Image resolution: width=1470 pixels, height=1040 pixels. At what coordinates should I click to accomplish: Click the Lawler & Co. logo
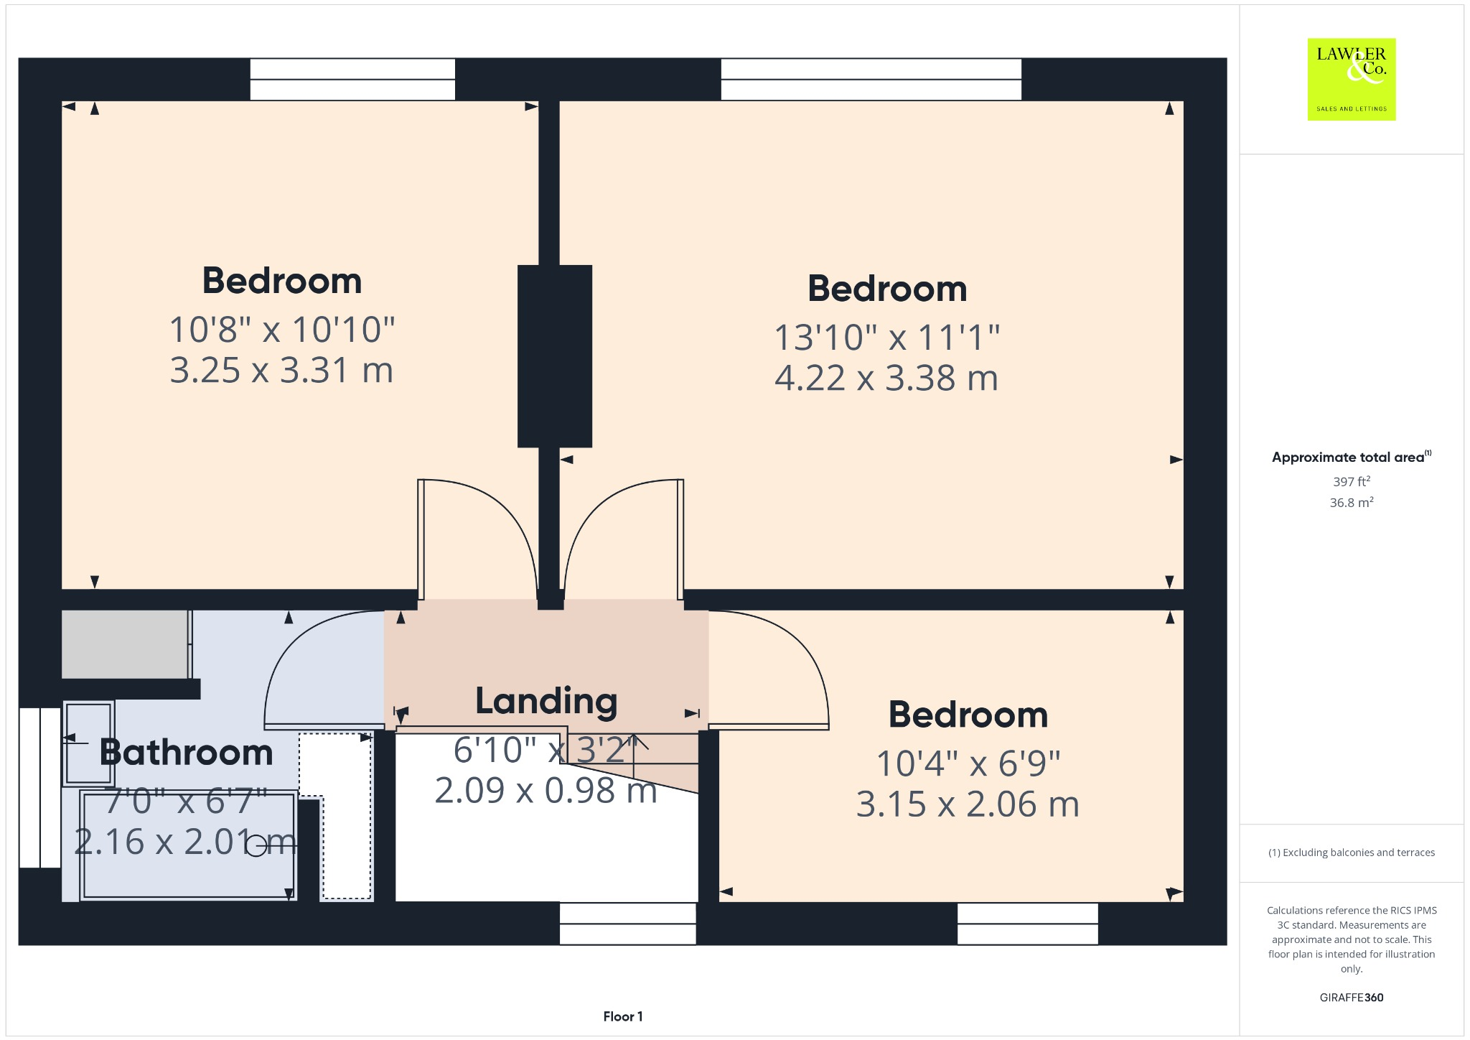1351,79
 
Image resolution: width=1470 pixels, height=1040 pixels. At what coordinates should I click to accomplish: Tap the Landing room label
546,702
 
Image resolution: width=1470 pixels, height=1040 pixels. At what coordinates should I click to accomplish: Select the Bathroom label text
187,753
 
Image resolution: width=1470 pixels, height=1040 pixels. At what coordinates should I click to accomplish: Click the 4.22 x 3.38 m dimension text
886,379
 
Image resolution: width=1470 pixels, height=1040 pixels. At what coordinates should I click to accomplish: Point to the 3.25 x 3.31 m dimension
281,371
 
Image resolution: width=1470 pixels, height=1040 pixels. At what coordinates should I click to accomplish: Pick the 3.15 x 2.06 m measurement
968,804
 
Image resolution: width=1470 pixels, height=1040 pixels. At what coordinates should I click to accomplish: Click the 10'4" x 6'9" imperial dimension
968,763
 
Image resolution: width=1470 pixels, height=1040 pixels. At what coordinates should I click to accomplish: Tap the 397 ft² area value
1351,481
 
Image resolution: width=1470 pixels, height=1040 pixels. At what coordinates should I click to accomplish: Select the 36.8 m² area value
1351,503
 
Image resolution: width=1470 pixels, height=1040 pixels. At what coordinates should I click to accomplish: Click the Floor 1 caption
622,1016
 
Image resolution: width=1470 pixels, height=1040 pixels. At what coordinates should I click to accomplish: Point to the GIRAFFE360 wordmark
1351,998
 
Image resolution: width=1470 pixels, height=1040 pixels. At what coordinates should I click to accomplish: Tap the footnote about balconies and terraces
1351,853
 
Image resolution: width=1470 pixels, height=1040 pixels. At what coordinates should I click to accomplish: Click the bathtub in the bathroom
188,845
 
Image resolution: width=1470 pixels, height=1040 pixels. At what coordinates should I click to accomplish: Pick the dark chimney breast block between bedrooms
555,356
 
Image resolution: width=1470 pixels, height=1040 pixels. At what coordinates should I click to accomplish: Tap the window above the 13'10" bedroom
871,79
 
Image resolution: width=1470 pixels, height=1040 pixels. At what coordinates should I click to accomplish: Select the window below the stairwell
627,923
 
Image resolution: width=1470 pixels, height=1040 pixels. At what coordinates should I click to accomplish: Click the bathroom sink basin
88,743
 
